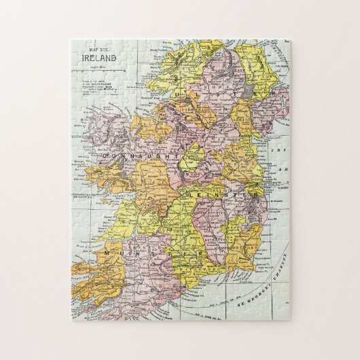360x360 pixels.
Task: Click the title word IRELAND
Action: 98,58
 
